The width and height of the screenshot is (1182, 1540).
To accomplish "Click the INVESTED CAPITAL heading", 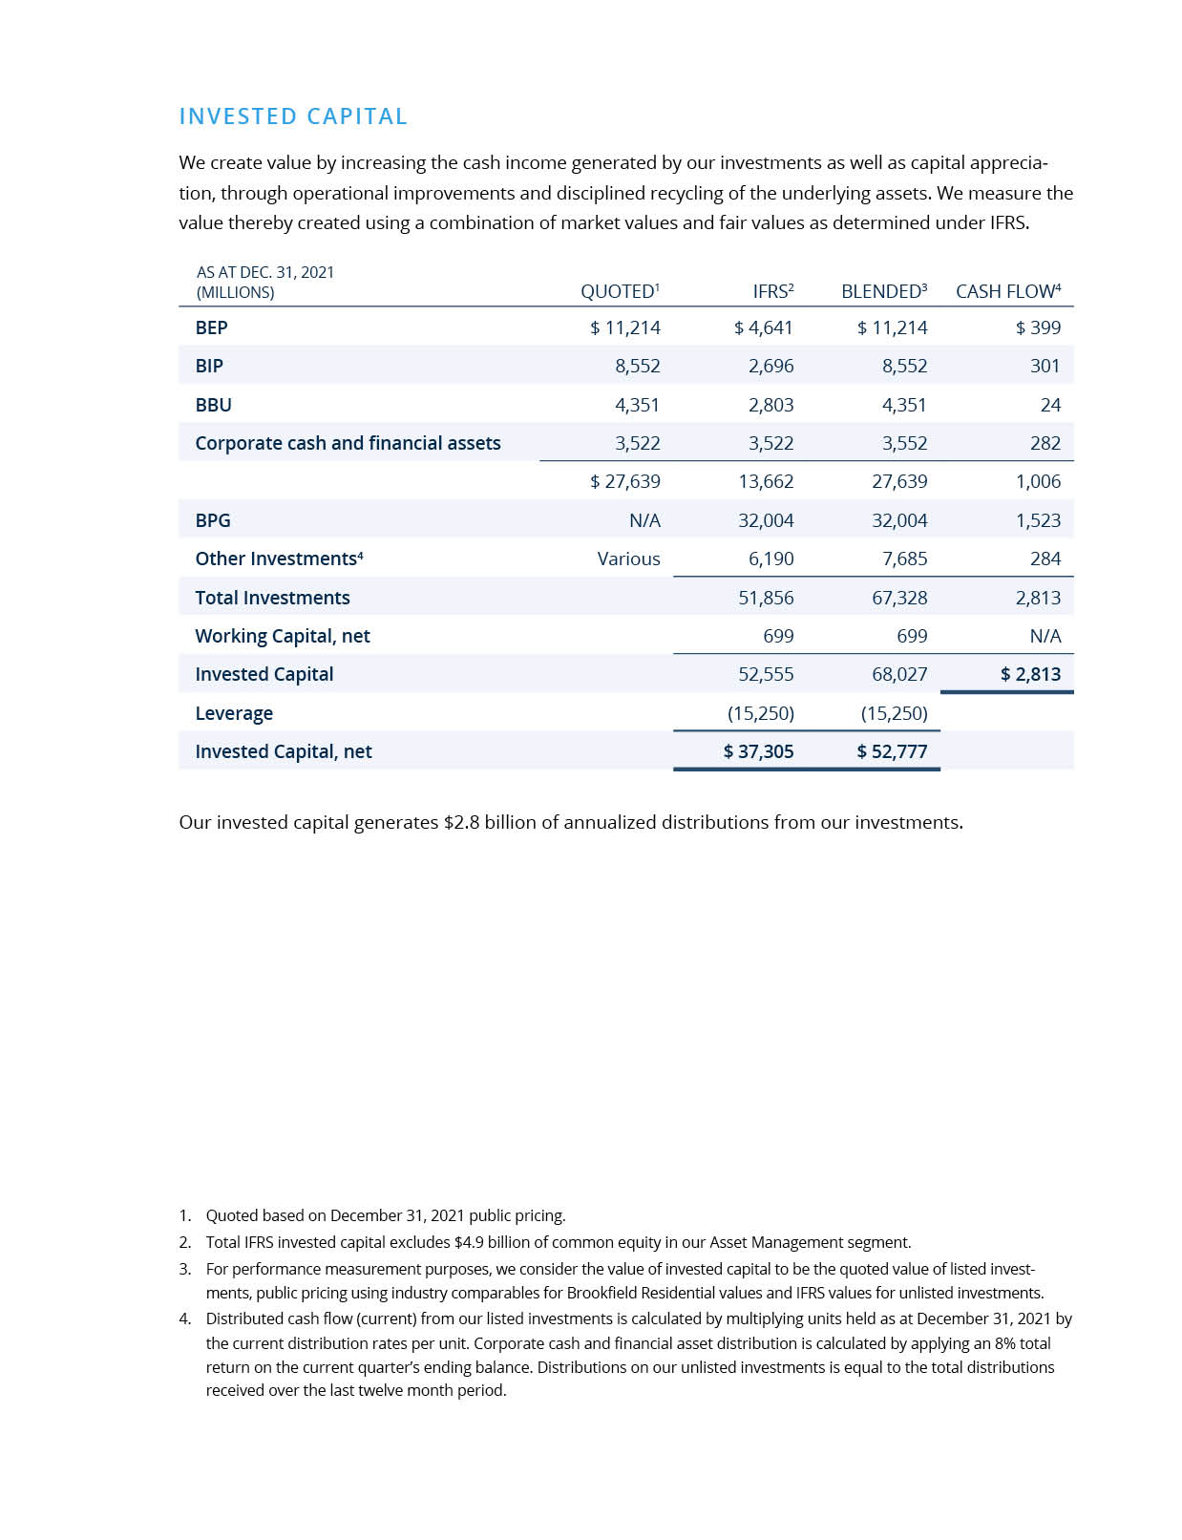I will click(293, 116).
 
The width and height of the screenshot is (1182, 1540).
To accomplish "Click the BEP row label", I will click(211, 327).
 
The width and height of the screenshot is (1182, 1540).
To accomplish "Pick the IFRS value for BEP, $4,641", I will click(763, 327).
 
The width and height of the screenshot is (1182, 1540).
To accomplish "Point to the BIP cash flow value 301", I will click(1045, 366).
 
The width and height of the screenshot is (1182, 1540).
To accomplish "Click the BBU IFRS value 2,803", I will click(770, 405).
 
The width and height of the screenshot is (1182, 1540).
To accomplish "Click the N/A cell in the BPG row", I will click(644, 520).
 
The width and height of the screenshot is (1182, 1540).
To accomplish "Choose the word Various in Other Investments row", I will click(628, 559).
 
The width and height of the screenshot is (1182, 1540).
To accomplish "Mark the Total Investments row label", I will click(272, 598).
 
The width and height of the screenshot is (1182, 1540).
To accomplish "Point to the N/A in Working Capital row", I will click(1045, 636).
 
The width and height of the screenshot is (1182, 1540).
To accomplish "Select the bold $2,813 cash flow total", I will click(1030, 674).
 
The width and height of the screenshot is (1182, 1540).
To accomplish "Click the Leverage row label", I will click(234, 713).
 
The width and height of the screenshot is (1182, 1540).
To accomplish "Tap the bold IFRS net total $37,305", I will click(758, 751).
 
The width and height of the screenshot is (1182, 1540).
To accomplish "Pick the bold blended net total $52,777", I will click(892, 751).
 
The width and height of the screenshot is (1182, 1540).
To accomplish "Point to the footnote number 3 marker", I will click(184, 1269).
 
